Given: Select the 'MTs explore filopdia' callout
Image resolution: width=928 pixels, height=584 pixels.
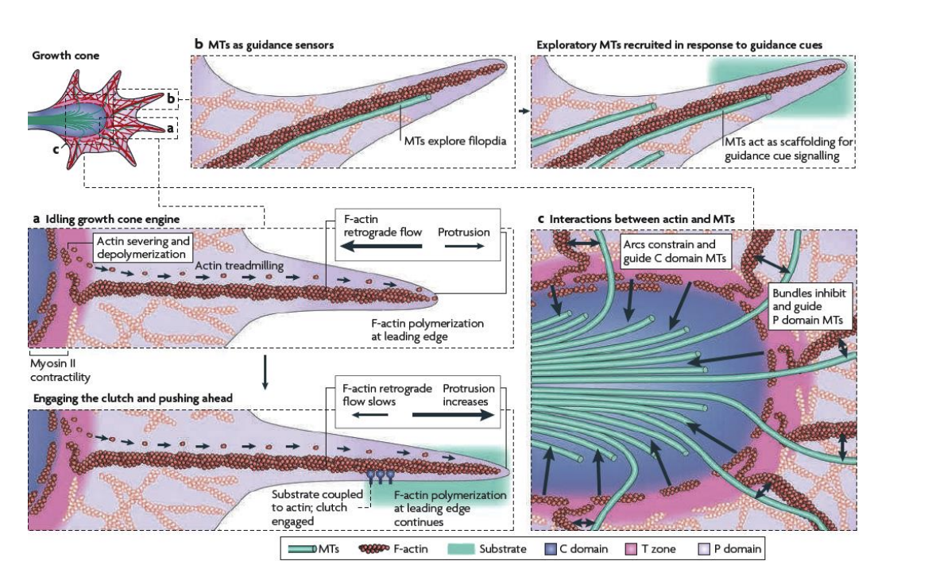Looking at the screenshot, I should (454, 141).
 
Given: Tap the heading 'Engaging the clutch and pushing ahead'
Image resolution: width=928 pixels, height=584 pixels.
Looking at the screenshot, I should (122, 397).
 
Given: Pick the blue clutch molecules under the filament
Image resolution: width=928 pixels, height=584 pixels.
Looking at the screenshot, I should (379, 477).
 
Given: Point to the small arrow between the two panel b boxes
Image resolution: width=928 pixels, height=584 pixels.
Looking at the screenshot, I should (523, 111).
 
